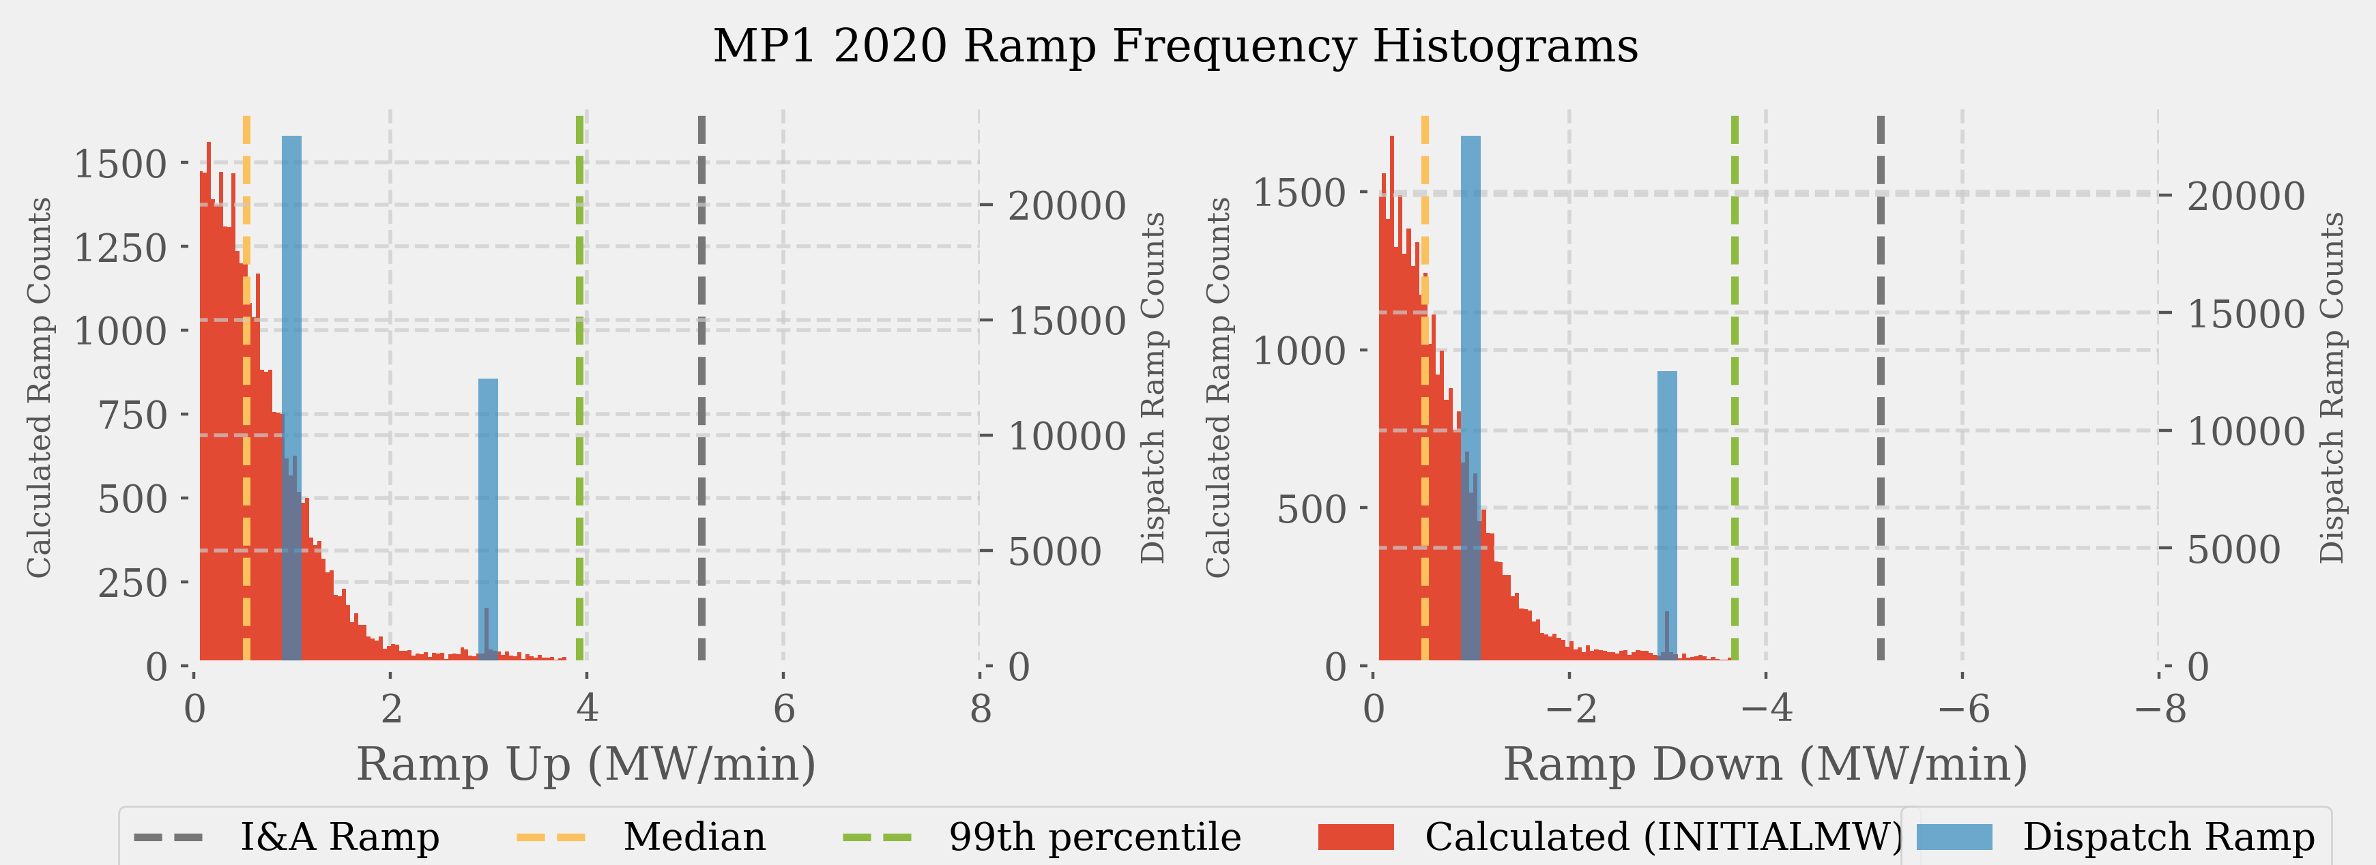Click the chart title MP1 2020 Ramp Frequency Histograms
coord(1175,46)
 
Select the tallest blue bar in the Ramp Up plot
coord(291,277)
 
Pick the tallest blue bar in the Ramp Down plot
coord(1470,277)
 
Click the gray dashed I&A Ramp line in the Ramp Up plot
coord(702,387)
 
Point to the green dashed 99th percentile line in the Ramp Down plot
coord(1735,387)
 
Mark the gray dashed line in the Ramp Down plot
coord(1881,387)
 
